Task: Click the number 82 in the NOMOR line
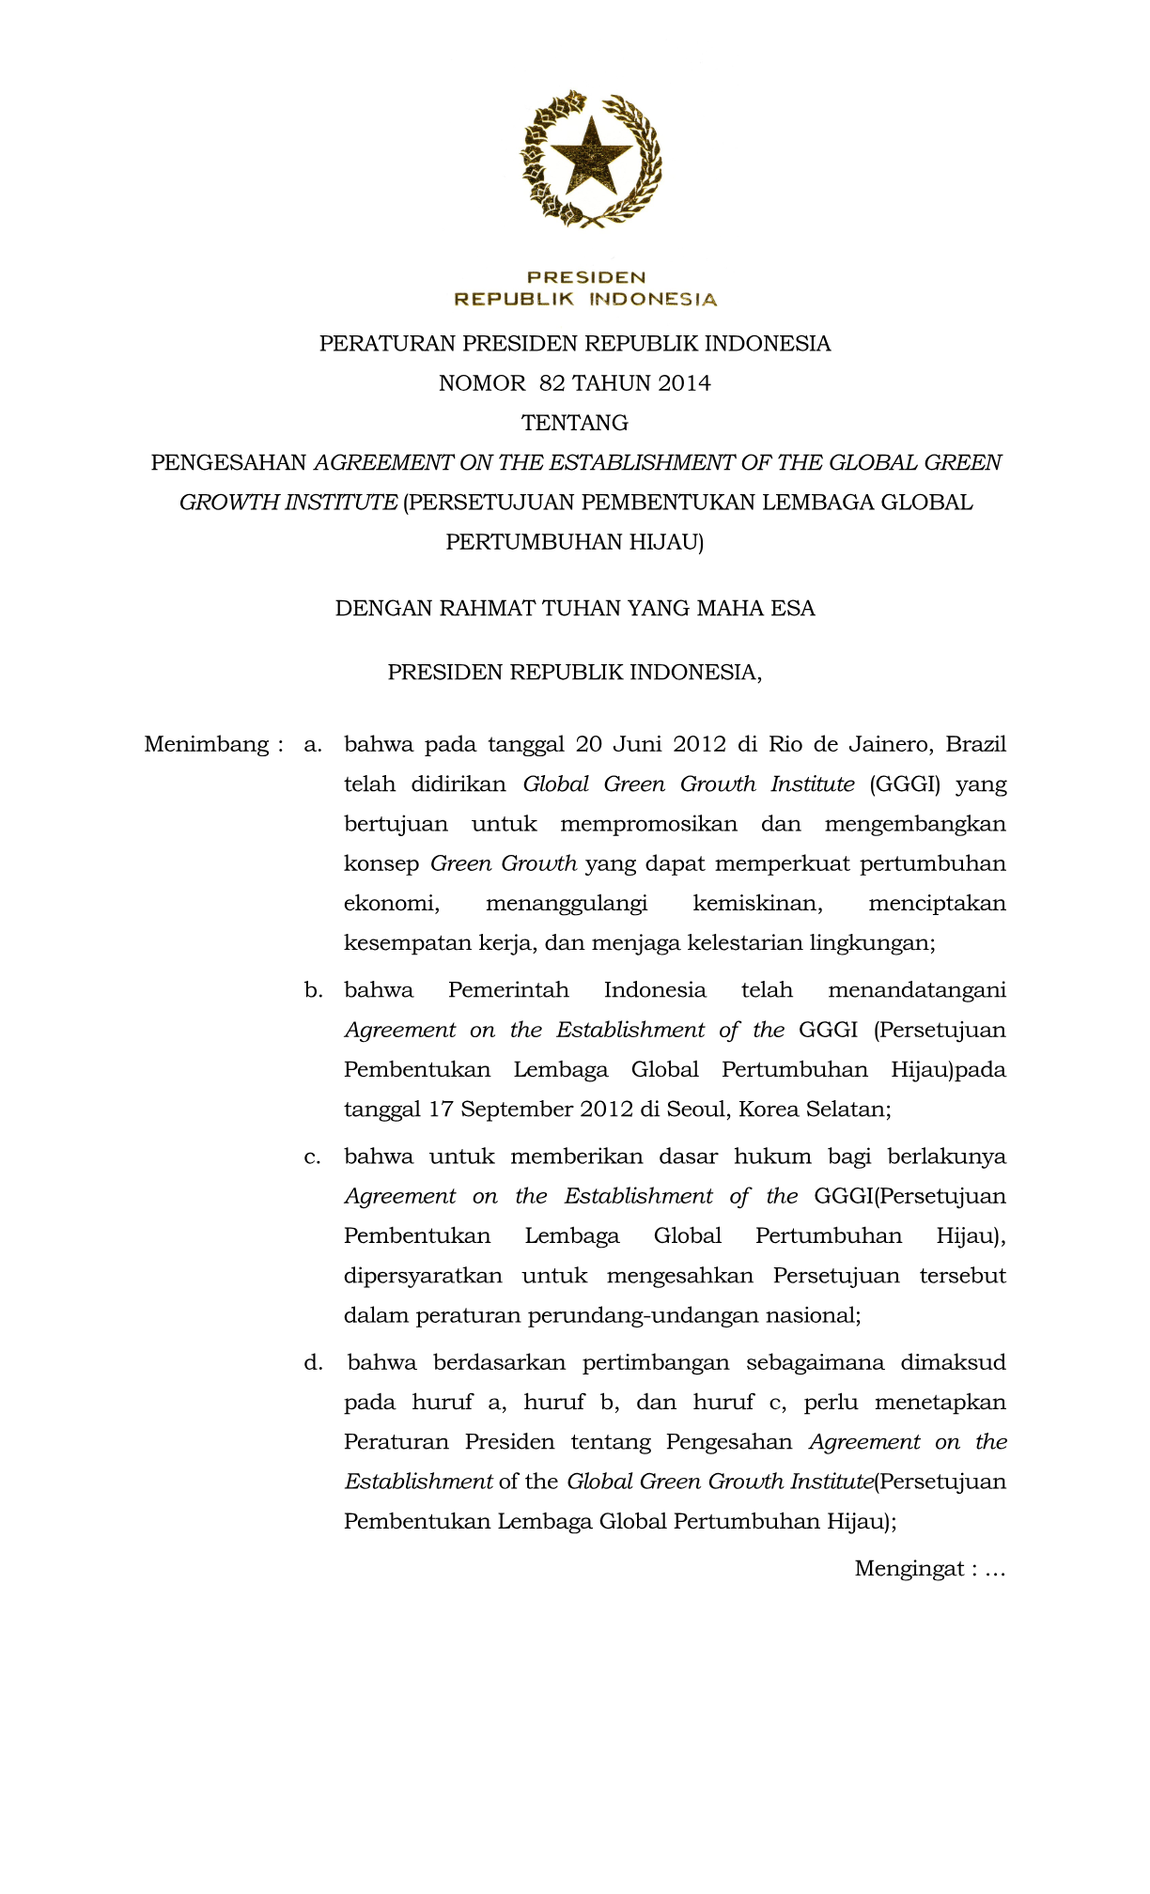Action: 552,383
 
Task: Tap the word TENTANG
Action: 575,423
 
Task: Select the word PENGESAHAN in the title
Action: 229,462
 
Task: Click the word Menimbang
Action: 208,745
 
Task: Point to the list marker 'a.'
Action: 313,745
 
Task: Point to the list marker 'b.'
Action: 313,990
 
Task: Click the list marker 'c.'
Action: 313,1157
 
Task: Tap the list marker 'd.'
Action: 313,1362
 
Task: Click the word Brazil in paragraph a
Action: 975,745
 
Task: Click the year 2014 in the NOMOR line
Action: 684,383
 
